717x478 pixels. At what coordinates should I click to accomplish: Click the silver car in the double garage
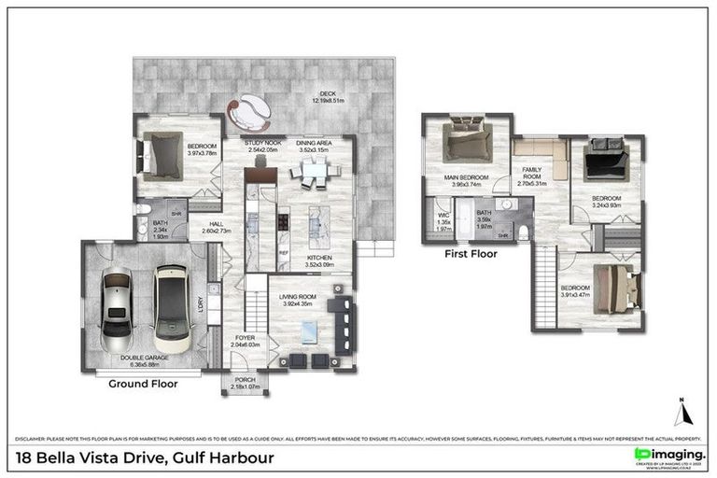[117, 302]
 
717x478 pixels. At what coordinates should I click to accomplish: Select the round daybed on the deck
[252, 114]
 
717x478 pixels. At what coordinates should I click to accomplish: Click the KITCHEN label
[319, 261]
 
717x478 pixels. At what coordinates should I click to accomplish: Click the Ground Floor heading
[143, 383]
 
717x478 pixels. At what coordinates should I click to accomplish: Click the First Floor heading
[471, 253]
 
